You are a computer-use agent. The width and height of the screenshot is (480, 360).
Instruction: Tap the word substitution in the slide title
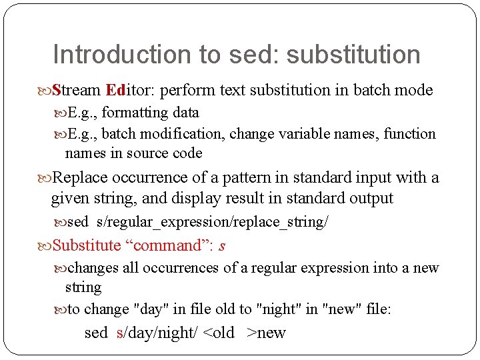(x=353, y=55)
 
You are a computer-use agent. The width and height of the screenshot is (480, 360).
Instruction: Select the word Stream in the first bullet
(x=76, y=90)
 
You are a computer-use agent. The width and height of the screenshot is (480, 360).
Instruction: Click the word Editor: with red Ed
(x=131, y=90)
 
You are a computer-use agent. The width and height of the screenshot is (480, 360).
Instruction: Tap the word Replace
(x=80, y=177)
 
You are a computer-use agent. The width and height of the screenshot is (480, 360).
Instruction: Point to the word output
(x=370, y=198)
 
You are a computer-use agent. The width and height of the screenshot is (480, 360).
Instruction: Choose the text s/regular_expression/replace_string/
(x=212, y=222)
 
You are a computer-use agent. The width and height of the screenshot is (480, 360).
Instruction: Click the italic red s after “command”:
(x=222, y=245)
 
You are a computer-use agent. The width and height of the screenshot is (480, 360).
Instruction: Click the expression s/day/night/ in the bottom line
(x=157, y=333)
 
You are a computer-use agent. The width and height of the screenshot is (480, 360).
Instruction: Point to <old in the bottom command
(x=218, y=333)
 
